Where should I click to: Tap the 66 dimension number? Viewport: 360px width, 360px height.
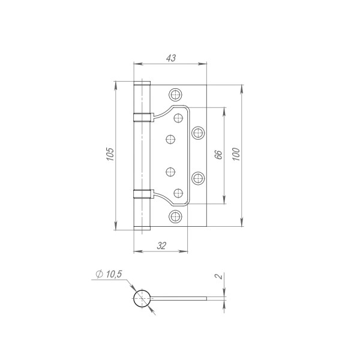218,155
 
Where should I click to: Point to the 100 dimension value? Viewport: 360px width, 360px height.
236,155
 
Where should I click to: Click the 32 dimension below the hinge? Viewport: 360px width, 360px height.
161,245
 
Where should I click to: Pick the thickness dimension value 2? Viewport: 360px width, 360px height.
220,277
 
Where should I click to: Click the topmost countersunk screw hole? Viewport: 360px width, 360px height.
175,94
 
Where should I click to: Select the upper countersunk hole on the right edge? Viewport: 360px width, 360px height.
198,132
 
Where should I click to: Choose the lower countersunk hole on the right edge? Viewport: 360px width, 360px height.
198,178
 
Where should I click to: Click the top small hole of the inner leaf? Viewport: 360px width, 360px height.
178,118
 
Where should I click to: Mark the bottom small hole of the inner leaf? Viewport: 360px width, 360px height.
178,193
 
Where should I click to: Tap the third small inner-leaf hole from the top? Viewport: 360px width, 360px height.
170,172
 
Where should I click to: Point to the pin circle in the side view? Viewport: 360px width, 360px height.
142,298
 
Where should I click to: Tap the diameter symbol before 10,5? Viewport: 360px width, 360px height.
97,274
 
